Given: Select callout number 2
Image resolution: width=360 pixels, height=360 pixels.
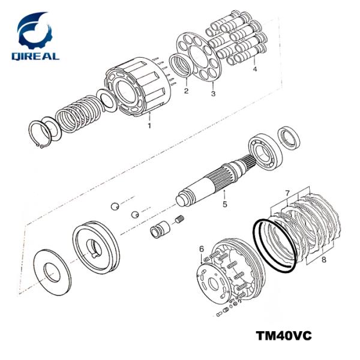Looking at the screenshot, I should pyautogui.click(x=186, y=91).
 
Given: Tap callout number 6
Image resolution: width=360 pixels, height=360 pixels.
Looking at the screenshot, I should pyautogui.click(x=202, y=249).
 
